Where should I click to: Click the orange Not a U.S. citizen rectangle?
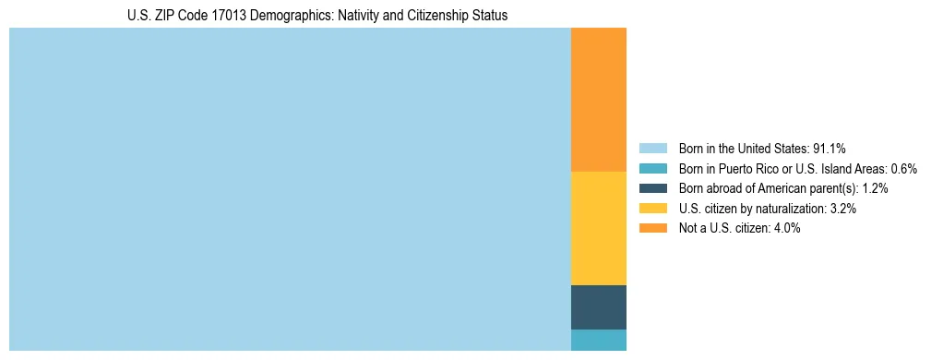598,100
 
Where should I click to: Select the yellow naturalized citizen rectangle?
598,228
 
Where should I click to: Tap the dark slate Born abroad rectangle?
598,307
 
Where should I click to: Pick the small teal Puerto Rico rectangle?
598,340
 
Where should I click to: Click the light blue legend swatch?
652,148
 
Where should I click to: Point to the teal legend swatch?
652,168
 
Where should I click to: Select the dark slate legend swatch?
652,188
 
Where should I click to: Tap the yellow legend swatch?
652,209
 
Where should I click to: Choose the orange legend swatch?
652,228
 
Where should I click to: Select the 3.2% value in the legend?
842,209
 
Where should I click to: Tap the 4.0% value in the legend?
786,228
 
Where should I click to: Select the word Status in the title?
490,16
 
